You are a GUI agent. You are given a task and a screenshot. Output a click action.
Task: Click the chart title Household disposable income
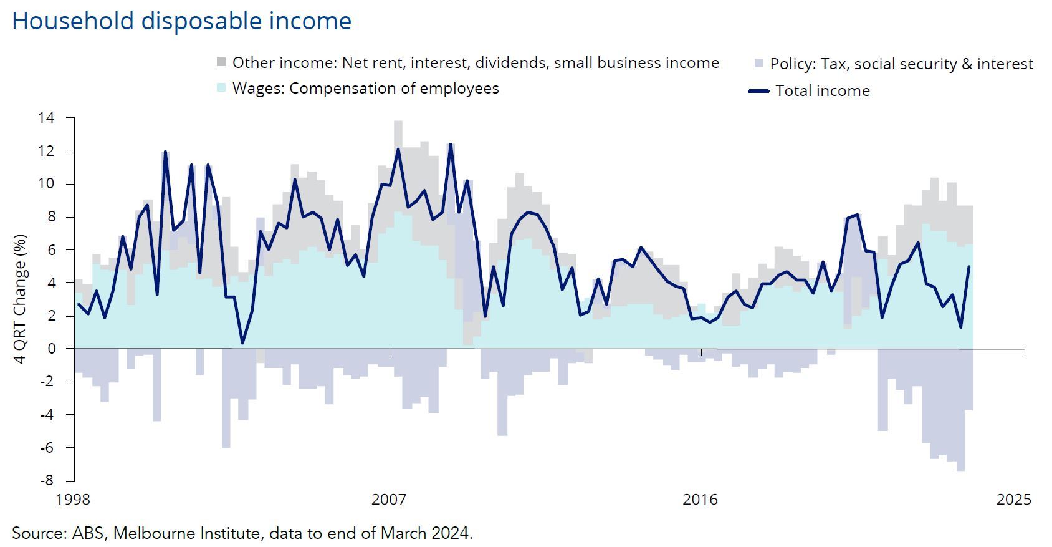tap(181, 21)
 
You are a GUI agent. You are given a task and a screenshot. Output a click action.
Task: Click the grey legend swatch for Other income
tap(221, 62)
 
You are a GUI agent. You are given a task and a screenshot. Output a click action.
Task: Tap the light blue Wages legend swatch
tap(221, 88)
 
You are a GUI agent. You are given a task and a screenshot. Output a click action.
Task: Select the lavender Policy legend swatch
tap(758, 64)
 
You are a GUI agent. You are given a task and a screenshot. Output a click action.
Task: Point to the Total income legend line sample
tap(758, 91)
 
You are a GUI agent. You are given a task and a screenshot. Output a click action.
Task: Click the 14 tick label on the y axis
tap(46, 118)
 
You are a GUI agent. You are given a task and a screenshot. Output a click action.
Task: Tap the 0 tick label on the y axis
tap(52, 349)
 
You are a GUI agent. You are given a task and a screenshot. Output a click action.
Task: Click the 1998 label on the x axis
tap(73, 500)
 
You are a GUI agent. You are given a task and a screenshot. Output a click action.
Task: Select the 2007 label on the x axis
tap(389, 500)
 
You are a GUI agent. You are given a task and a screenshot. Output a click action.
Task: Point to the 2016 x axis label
tap(700, 500)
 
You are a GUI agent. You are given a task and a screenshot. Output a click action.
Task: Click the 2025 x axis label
tap(1014, 500)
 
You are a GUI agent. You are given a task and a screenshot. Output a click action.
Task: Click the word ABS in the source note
tap(87, 533)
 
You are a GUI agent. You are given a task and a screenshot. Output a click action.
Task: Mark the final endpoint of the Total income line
tap(969, 267)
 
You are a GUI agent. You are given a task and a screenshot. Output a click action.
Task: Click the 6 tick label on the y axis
tap(52, 249)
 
